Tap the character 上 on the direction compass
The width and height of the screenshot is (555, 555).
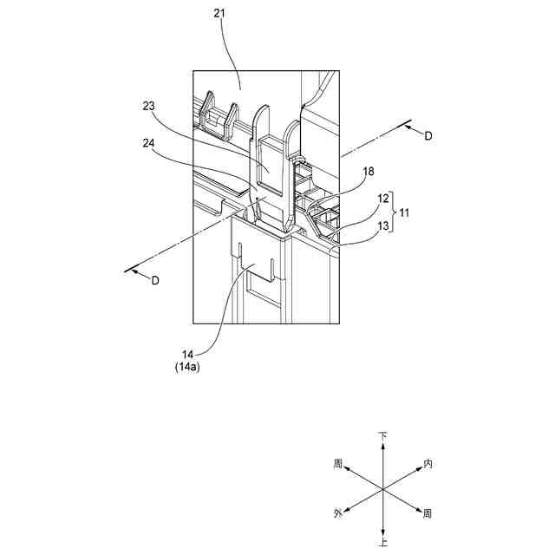coord(382,544)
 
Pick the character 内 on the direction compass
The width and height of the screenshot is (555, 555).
coord(428,464)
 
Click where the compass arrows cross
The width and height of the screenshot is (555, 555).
coord(382,489)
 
